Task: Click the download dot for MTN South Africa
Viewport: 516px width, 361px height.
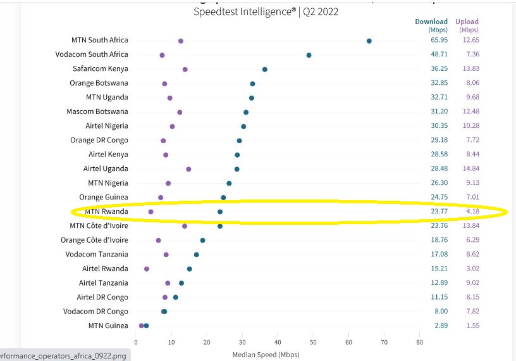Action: (369, 41)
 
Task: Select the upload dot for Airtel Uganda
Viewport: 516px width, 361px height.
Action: (188, 169)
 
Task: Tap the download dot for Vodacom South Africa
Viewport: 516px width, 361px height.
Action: (309, 55)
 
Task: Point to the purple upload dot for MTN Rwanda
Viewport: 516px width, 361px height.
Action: (150, 212)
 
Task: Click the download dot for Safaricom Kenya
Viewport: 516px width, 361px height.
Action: (264, 69)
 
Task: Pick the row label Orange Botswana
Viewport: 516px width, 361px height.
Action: (99, 83)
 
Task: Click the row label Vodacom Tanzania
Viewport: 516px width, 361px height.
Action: (96, 254)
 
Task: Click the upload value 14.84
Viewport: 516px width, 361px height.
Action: (470, 168)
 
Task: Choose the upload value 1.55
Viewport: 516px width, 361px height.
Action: (470, 326)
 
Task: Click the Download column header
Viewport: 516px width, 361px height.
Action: (431, 22)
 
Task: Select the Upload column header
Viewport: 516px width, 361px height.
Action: (467, 22)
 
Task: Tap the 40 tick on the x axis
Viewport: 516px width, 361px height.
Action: (278, 342)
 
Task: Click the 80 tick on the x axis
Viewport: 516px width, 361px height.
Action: (419, 342)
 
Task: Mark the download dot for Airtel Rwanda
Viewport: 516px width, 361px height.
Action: (189, 269)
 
